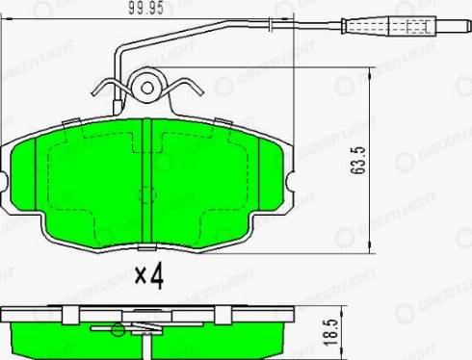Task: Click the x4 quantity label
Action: coord(149,277)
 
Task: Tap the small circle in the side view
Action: coord(117,331)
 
